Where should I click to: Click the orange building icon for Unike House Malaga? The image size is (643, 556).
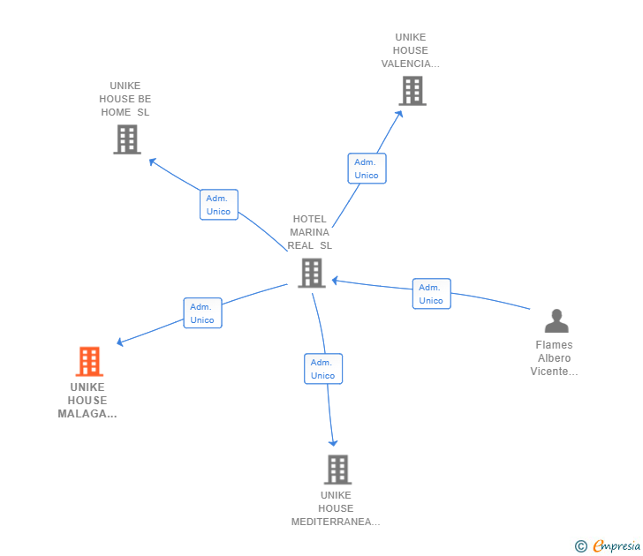click(89, 362)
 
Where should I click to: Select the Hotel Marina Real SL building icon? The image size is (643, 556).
click(311, 274)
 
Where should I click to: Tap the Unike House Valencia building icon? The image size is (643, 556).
click(412, 91)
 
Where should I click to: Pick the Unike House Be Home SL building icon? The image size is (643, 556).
click(127, 139)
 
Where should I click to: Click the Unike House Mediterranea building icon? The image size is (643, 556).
click(337, 470)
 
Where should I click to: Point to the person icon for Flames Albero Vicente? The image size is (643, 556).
click(556, 320)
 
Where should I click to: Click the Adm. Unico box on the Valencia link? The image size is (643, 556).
click(367, 169)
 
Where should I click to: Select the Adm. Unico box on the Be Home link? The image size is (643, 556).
click(218, 205)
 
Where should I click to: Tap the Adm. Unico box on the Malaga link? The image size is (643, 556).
click(202, 313)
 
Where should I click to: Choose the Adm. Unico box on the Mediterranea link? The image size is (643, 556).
click(323, 369)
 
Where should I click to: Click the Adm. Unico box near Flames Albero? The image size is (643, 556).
click(431, 294)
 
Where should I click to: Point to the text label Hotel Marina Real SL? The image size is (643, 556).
click(310, 232)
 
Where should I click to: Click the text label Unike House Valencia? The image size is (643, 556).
click(411, 50)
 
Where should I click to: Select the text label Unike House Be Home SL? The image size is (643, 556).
click(125, 99)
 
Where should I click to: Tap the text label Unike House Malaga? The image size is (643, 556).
click(87, 400)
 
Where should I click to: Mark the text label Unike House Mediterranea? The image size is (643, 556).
click(336, 508)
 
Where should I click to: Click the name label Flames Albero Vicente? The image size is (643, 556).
click(554, 358)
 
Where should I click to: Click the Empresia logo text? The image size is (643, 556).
click(617, 546)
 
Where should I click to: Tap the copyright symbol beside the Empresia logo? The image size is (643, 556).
click(581, 547)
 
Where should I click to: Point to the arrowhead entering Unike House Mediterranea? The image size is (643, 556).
click(333, 441)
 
